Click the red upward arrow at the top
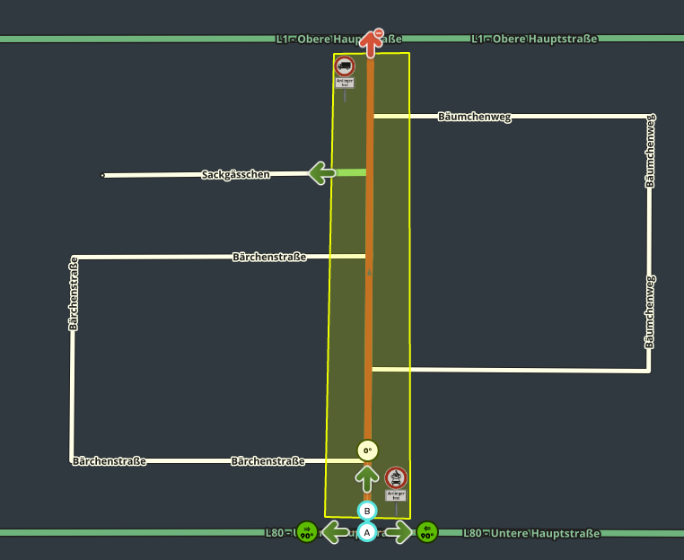point(371,42)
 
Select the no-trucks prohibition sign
point(345,66)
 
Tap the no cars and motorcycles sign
point(396,477)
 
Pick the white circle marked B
point(366,511)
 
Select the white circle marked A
point(366,532)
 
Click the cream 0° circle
point(367,451)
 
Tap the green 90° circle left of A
point(306,532)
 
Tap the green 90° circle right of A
point(426,532)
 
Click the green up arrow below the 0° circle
point(366,477)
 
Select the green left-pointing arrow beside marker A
point(334,532)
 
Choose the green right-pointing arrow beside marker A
point(399,532)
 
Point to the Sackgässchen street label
point(235,175)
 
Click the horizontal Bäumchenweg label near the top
point(474,117)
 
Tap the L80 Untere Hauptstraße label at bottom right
point(531,533)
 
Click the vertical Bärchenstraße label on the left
point(75,294)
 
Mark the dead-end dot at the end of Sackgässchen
point(102,175)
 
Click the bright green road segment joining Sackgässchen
point(351,172)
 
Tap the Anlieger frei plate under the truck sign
point(345,82)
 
